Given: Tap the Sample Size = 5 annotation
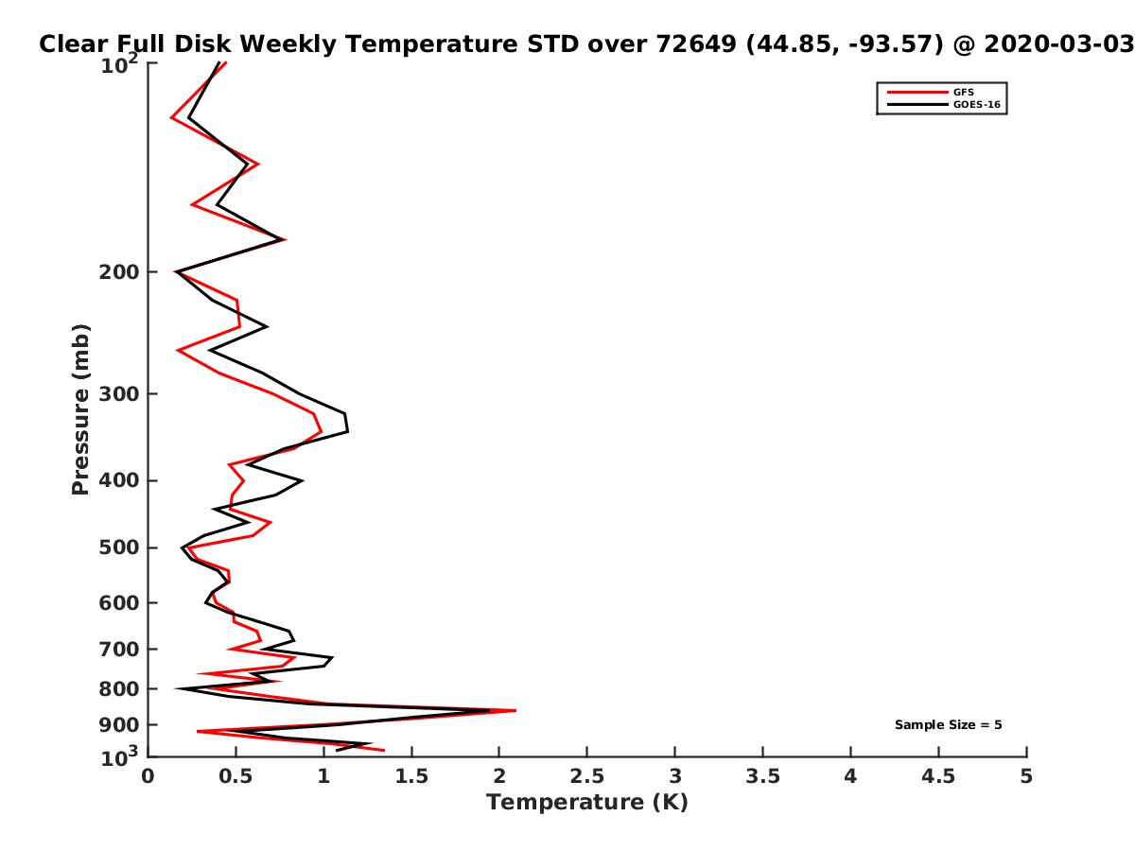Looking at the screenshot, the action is click(948, 725).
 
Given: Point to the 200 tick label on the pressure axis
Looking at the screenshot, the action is click(119, 271).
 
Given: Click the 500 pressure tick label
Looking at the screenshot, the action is click(119, 547).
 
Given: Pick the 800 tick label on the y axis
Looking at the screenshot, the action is click(119, 688).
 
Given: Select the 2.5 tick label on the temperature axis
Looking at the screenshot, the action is click(587, 776).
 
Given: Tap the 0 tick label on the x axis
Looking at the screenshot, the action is click(148, 776).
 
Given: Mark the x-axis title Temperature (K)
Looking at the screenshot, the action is click(587, 803).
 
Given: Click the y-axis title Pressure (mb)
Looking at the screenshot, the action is click(80, 409).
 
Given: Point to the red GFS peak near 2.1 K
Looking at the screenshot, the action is click(515, 710).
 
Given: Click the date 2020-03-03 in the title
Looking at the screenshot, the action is click(1059, 44).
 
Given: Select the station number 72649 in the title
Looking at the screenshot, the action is click(696, 44).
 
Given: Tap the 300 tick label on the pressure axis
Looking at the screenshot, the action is click(119, 393).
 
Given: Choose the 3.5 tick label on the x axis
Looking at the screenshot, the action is click(762, 776).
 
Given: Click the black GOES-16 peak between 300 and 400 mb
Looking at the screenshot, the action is click(347, 431).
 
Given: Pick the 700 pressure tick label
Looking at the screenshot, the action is click(119, 649).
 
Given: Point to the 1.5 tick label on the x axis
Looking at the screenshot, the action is click(411, 776).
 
